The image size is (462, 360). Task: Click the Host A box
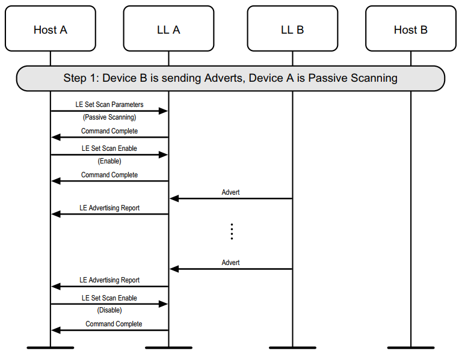click(x=50, y=29)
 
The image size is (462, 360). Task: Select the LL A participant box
click(x=168, y=29)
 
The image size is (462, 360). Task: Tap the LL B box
click(x=292, y=29)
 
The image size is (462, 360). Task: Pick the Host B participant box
click(x=411, y=29)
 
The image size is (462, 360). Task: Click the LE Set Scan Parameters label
click(x=109, y=105)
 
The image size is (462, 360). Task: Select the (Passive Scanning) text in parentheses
click(x=109, y=117)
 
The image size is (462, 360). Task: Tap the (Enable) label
click(x=109, y=161)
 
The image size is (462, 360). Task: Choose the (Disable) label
click(x=109, y=310)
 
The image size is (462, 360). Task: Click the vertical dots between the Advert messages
click(x=232, y=231)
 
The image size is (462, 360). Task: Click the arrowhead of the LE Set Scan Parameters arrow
click(x=164, y=111)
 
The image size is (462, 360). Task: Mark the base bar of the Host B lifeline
click(x=411, y=347)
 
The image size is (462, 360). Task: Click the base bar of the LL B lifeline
click(x=292, y=347)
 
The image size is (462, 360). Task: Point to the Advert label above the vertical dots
click(x=230, y=192)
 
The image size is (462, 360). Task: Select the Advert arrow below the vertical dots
click(x=231, y=269)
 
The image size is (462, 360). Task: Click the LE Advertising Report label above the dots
click(x=109, y=208)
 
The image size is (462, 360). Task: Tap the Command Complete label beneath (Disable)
click(x=114, y=324)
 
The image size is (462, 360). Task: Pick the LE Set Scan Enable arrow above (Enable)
click(x=109, y=154)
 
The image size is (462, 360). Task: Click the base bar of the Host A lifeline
click(x=50, y=347)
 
